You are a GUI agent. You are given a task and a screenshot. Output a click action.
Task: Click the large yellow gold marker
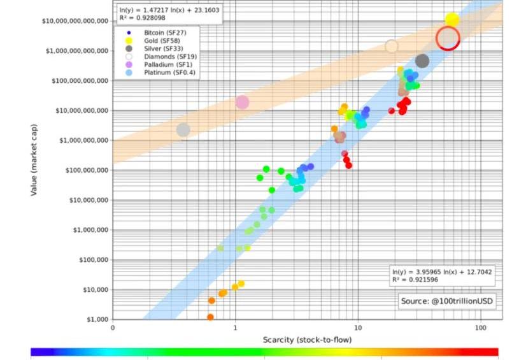pos(452,20)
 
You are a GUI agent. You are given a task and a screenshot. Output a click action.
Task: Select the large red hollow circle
pos(448,38)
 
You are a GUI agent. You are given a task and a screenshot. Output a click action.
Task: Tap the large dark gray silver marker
pos(422,61)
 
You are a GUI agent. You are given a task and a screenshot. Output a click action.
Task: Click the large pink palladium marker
pos(242,102)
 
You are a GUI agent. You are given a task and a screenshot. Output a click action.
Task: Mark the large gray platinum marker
pos(183,130)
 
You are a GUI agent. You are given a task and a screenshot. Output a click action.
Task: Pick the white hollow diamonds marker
pos(392,46)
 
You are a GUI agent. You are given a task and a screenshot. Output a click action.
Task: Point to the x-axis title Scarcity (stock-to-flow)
pos(307,340)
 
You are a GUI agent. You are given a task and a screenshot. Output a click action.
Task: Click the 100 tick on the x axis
pos(481,328)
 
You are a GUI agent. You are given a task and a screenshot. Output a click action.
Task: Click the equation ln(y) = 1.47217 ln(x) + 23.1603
pos(168,10)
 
